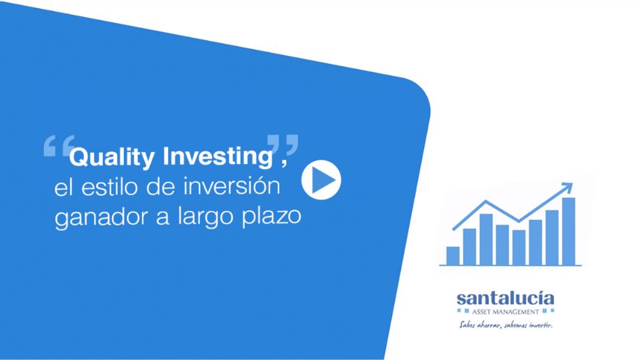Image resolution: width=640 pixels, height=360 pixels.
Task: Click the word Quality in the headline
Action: tap(112, 157)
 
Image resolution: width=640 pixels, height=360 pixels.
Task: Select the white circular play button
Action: tap(321, 180)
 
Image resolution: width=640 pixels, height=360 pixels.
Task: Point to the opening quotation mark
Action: tap(59, 146)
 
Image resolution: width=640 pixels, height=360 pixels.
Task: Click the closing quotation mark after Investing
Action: tap(283, 145)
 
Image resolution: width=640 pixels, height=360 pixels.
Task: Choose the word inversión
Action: tap(231, 186)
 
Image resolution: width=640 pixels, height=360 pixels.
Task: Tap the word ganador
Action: tap(101, 218)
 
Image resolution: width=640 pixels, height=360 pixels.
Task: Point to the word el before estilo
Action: tap(64, 187)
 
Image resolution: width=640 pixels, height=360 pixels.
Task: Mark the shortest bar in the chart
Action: tap(453, 256)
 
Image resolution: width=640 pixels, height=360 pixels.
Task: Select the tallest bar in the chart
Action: tap(569, 231)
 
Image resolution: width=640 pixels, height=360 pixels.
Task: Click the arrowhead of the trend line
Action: tap(567, 188)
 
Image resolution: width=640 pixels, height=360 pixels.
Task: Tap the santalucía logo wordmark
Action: tap(505, 299)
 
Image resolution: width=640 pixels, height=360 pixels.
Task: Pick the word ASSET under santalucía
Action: tap(482, 312)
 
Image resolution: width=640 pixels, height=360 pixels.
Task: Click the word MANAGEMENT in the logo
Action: tap(516, 312)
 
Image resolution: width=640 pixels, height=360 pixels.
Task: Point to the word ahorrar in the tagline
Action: tap(489, 325)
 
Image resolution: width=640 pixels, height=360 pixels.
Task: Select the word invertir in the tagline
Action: tap(541, 325)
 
